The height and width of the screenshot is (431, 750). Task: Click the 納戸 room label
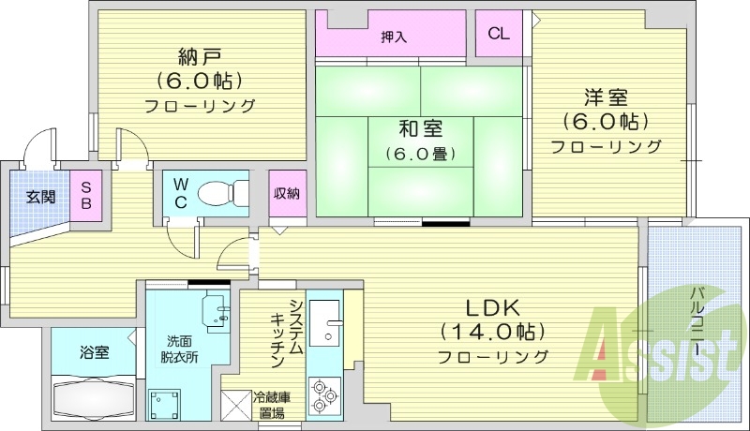coord(199,54)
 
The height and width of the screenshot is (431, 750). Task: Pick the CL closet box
coord(499,35)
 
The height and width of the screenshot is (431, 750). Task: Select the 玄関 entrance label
coord(39,197)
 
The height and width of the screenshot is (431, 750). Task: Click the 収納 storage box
coord(287,194)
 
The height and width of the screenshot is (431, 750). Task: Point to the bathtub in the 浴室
coord(93,399)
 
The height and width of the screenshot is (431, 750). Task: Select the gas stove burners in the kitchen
coord(324,393)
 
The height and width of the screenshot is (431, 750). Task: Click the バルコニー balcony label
coord(697,318)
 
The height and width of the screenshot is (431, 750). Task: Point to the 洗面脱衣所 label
coord(180,349)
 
